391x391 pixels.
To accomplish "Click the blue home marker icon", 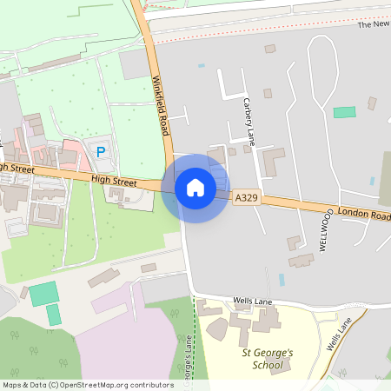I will pos(195,188).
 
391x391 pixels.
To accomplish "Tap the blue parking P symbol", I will pos(101,152).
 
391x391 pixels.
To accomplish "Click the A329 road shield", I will pos(245,199).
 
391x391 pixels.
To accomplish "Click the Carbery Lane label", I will pos(249,122).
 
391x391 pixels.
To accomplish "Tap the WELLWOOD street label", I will pos(327,229).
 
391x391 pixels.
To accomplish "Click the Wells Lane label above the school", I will pos(254,301).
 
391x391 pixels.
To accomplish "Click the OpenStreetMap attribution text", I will pos(88,384).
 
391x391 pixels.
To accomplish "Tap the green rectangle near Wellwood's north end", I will pos(345,112).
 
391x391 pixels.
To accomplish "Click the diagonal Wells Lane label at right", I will pos(339,335).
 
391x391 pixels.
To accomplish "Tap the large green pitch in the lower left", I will pos(43,294).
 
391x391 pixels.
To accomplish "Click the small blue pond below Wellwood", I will pos(282,280).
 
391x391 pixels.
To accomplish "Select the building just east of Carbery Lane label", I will pos(273,160).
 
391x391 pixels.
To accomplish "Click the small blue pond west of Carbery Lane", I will pos(202,65).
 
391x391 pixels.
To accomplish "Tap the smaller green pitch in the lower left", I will pos(54,315).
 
